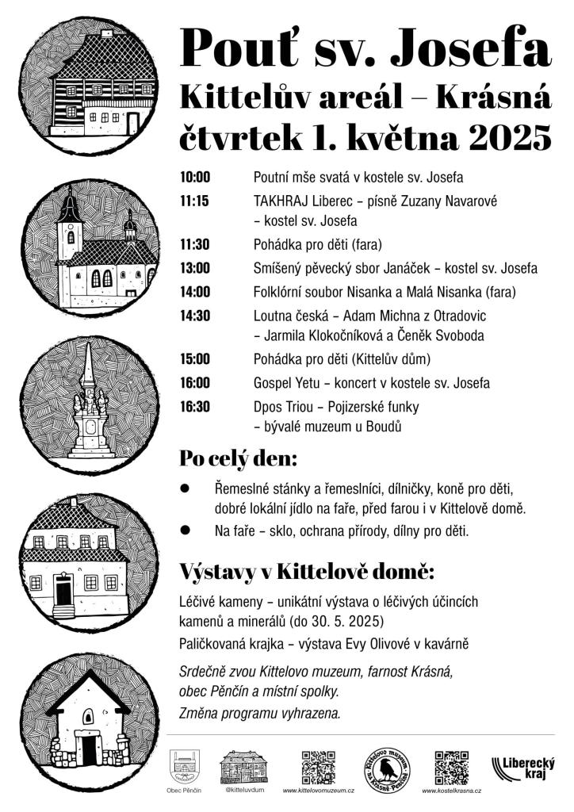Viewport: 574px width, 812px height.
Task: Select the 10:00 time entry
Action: click(195, 177)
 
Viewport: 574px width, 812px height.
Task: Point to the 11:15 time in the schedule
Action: click(194, 201)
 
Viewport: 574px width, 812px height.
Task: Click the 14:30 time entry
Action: click(195, 316)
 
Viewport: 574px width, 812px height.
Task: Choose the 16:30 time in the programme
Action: click(195, 408)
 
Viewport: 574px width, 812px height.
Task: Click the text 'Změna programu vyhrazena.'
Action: click(261, 713)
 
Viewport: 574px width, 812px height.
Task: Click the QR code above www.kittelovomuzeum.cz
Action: click(318, 767)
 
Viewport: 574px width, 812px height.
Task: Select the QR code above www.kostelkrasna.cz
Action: click(451, 767)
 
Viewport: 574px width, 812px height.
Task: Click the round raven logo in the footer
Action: click(387, 768)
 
